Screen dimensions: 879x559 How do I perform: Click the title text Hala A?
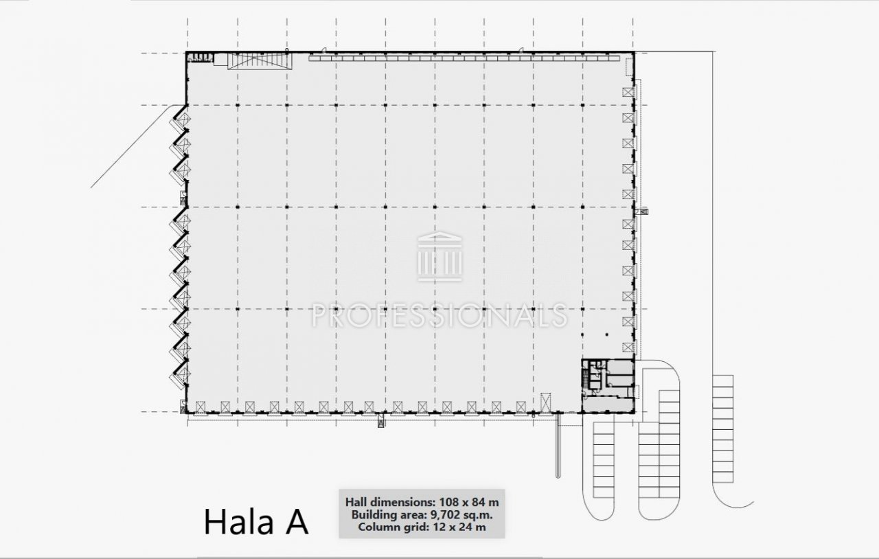pos(256,522)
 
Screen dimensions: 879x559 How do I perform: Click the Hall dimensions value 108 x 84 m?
pos(469,502)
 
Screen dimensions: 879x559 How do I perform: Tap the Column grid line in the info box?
pos(422,527)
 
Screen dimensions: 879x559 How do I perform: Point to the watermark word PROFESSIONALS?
pos(439,315)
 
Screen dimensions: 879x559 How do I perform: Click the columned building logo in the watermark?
pos(439,256)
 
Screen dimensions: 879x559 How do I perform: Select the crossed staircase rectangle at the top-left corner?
pos(260,61)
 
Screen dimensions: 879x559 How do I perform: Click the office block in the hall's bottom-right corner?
pos(608,385)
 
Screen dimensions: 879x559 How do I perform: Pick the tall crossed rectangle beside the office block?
pos(545,402)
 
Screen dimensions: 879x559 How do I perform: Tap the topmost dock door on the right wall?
pos(628,92)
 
